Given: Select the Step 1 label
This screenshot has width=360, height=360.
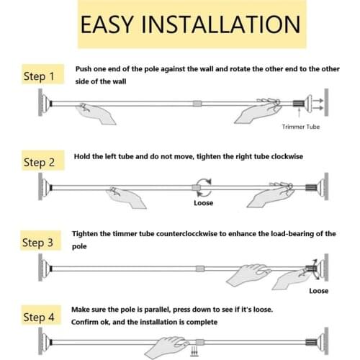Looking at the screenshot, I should click(x=39, y=76).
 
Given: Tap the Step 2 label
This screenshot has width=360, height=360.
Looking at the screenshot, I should click(x=39, y=162).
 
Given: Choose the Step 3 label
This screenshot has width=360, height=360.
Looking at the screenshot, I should click(x=39, y=243).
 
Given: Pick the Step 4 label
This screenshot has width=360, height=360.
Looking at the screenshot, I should click(x=39, y=318).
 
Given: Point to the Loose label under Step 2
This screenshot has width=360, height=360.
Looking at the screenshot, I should click(x=204, y=204).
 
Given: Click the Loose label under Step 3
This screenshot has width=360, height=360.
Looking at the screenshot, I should click(x=318, y=291).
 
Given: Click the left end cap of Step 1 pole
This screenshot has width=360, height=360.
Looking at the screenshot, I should click(x=42, y=104).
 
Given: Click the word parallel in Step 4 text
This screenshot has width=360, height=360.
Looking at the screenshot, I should click(x=158, y=309).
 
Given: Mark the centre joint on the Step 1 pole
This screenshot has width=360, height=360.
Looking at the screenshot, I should click(x=197, y=104).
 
